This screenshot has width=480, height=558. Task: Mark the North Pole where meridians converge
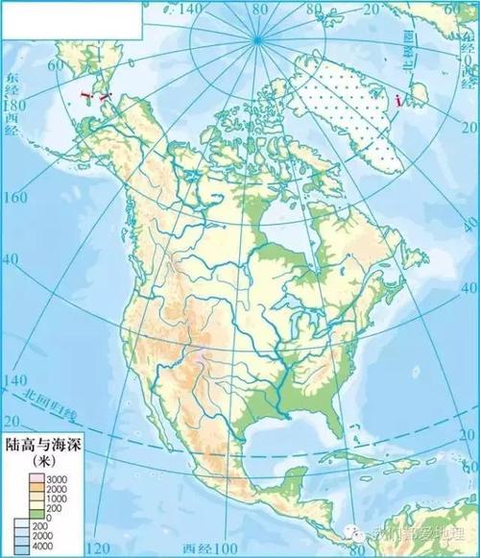click(x=256, y=38)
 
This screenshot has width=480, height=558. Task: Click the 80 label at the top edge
click(x=257, y=10)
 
